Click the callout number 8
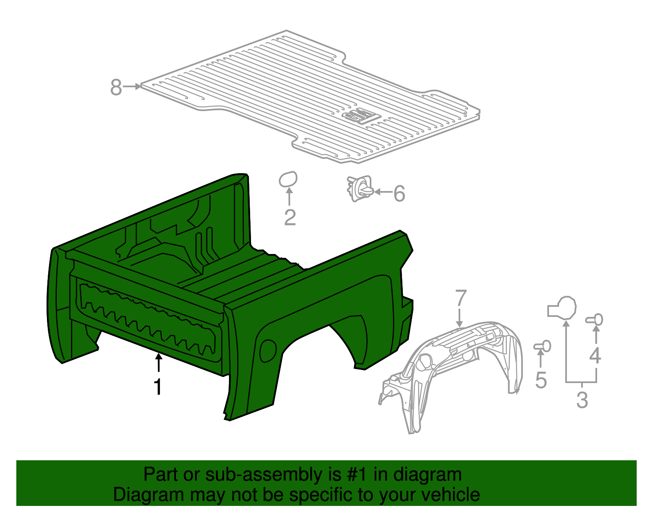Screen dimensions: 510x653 click(x=116, y=87)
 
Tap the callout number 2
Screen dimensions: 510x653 click(x=290, y=218)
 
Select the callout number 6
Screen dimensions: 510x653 click(x=399, y=194)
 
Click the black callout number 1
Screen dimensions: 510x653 click(x=158, y=387)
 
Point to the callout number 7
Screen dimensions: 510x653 click(x=460, y=298)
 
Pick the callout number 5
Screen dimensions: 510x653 click(x=541, y=381)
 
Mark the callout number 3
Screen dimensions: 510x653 click(x=582, y=400)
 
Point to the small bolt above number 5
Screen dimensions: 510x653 click(x=543, y=346)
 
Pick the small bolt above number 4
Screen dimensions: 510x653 click(x=595, y=320)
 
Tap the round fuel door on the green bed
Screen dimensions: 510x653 click(x=268, y=350)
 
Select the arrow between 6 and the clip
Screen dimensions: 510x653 click(x=383, y=192)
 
